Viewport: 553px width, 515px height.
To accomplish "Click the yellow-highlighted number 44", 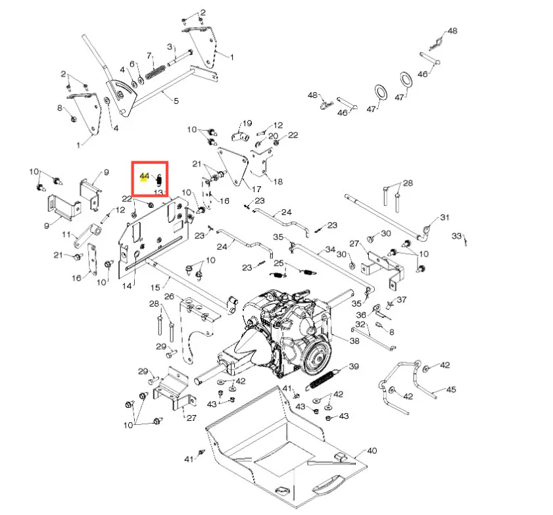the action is coord(144,176).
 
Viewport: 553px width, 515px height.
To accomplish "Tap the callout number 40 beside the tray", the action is coord(372,451).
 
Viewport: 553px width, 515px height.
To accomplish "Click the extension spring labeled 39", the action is coord(324,380).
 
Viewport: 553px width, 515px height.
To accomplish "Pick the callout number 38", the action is coord(354,341).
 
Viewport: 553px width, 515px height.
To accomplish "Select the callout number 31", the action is coord(445,217).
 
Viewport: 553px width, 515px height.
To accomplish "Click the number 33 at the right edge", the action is coord(456,235).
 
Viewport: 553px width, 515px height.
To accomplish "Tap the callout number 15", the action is coord(155,287).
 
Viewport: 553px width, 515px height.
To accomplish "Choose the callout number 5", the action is coord(176,101).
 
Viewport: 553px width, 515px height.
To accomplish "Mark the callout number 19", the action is coord(247,123).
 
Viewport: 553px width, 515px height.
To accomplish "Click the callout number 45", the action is coord(451,389).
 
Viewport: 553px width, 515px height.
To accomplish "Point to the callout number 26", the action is coord(169,296).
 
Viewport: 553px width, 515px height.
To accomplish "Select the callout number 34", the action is coord(330,249).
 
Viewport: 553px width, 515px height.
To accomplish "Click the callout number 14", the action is coord(127,285).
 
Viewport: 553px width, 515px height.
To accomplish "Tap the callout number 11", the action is coord(66,234).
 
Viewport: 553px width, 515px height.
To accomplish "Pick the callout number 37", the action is coord(401,299).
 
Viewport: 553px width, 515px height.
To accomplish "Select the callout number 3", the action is coord(170,47).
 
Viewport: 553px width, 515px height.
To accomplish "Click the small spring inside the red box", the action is coord(158,181).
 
